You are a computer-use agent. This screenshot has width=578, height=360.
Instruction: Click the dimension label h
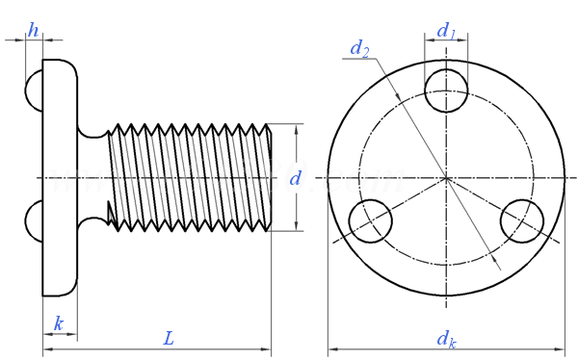33,30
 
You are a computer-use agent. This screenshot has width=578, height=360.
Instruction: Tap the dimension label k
59,323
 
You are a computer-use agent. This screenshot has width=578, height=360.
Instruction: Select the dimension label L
169,338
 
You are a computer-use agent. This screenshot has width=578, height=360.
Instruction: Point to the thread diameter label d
296,178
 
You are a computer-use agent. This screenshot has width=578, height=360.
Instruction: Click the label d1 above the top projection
446,31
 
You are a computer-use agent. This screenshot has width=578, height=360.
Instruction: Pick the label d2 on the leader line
359,48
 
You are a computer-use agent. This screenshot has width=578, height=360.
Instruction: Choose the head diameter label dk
446,340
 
